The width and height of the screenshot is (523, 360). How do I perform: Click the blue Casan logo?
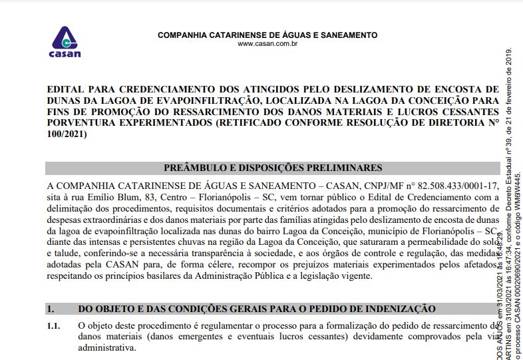click(x=65, y=42)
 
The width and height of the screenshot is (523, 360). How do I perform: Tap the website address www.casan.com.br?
click(x=267, y=45)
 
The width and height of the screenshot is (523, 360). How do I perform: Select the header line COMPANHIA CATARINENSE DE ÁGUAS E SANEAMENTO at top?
click(x=267, y=35)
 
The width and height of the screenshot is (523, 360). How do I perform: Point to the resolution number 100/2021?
click(x=67, y=134)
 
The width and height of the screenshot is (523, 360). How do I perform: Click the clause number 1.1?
click(x=53, y=326)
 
